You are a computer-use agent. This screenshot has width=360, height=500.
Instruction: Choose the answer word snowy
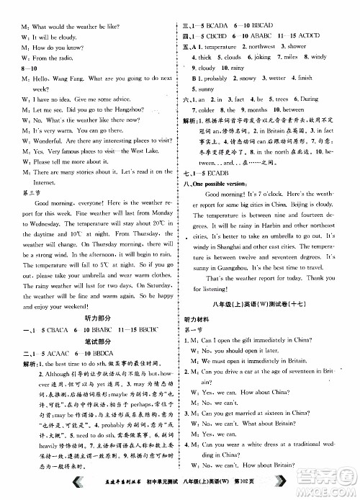[x=248, y=78]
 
